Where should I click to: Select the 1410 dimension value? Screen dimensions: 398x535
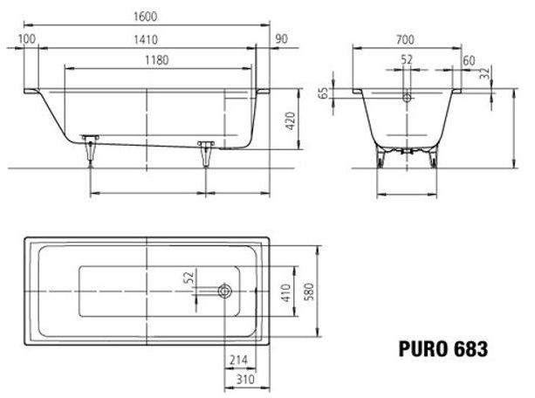point(145,38)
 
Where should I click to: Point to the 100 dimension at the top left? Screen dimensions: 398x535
point(26,38)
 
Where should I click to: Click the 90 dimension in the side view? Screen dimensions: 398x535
point(280,38)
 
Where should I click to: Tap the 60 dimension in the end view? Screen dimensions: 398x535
point(470,60)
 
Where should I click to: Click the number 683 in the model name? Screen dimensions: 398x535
point(470,350)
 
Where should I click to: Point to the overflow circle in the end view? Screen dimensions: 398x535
point(407,99)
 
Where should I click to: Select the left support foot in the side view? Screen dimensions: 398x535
point(90,150)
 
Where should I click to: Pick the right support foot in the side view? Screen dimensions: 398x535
point(207,154)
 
